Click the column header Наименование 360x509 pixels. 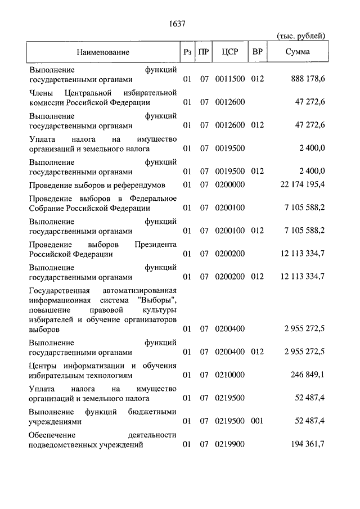click(x=103, y=52)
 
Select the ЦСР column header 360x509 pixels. click(x=230, y=52)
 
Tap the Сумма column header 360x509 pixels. click(x=296, y=52)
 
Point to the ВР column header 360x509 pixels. click(x=258, y=52)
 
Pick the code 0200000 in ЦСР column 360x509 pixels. click(x=230, y=184)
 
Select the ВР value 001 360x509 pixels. click(x=257, y=421)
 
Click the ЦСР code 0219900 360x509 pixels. click(x=230, y=445)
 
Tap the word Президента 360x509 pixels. click(x=155, y=245)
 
